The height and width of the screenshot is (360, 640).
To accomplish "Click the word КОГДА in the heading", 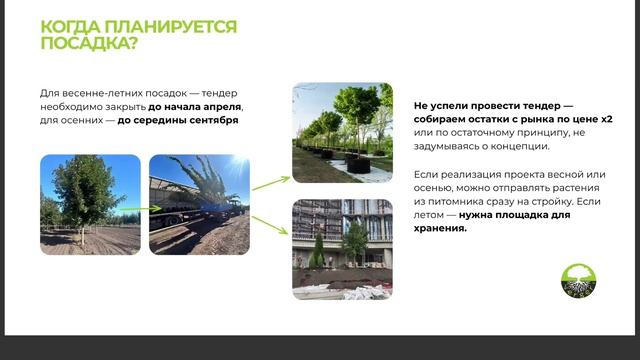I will pos(69,27).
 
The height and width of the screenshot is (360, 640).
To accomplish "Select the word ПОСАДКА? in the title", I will pos(88,44).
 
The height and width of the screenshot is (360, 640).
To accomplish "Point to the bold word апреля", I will pos(221,106).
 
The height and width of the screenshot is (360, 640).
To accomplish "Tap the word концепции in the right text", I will pos(517,146).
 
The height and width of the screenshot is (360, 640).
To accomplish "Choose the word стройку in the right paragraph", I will pos(550,203).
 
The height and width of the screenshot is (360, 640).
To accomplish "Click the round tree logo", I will pos(577,281).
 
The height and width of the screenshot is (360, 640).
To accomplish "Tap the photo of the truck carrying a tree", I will pos(199,204).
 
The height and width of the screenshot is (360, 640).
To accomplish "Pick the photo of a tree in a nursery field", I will pos(90,204).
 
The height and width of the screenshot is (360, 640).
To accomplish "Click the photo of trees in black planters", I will pos(341,133).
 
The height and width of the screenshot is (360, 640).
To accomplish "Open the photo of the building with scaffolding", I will pos(341,248).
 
